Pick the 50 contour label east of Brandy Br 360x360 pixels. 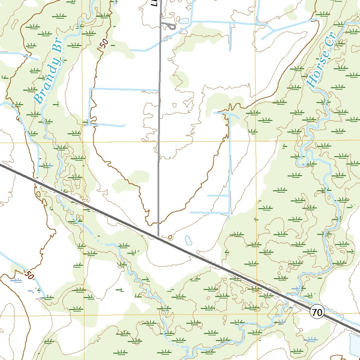104,43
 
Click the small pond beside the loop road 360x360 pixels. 184,21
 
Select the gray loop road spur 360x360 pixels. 169,26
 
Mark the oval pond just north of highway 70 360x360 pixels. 188,240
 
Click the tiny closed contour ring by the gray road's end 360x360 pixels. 171,237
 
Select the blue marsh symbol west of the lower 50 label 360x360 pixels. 16,280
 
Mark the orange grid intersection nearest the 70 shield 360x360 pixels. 257,315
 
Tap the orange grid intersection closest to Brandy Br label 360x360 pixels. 83,142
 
